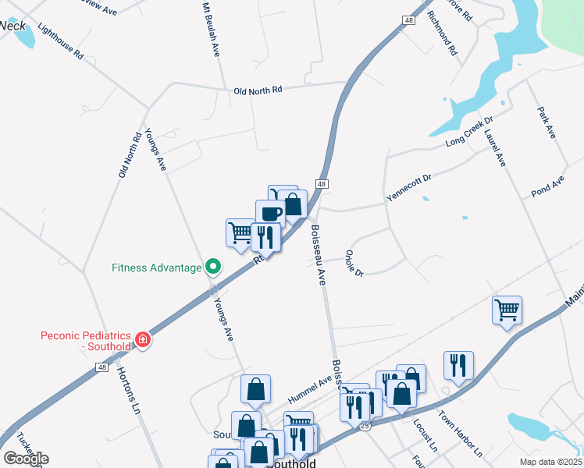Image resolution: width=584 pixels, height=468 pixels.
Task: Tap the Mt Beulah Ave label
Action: coord(209,30)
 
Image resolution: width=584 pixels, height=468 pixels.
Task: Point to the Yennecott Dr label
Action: coord(409,188)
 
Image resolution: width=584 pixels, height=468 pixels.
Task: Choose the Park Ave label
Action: coord(546,123)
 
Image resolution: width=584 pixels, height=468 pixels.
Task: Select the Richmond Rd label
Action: coord(443,34)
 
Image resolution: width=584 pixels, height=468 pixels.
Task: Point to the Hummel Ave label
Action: coord(312,386)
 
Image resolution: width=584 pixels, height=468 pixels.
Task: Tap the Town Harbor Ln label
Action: coord(461,434)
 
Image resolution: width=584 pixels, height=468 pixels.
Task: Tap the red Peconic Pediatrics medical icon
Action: coord(142,339)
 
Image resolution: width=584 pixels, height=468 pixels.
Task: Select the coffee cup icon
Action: coord(270,212)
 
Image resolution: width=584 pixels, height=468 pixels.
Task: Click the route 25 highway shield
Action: coord(364,426)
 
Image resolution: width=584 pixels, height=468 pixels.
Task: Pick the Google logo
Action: coord(26,459)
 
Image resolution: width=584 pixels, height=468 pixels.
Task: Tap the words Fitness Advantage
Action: coord(157,268)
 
